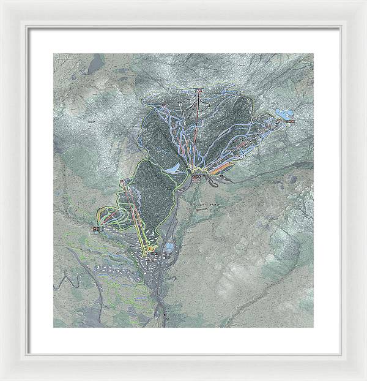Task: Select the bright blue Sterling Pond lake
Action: (283, 113)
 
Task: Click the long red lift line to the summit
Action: (196, 135)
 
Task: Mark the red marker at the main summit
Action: (199, 92)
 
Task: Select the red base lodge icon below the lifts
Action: (196, 178)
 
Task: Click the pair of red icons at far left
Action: (96, 229)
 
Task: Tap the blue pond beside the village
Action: (169, 247)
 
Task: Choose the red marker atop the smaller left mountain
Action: (124, 182)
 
